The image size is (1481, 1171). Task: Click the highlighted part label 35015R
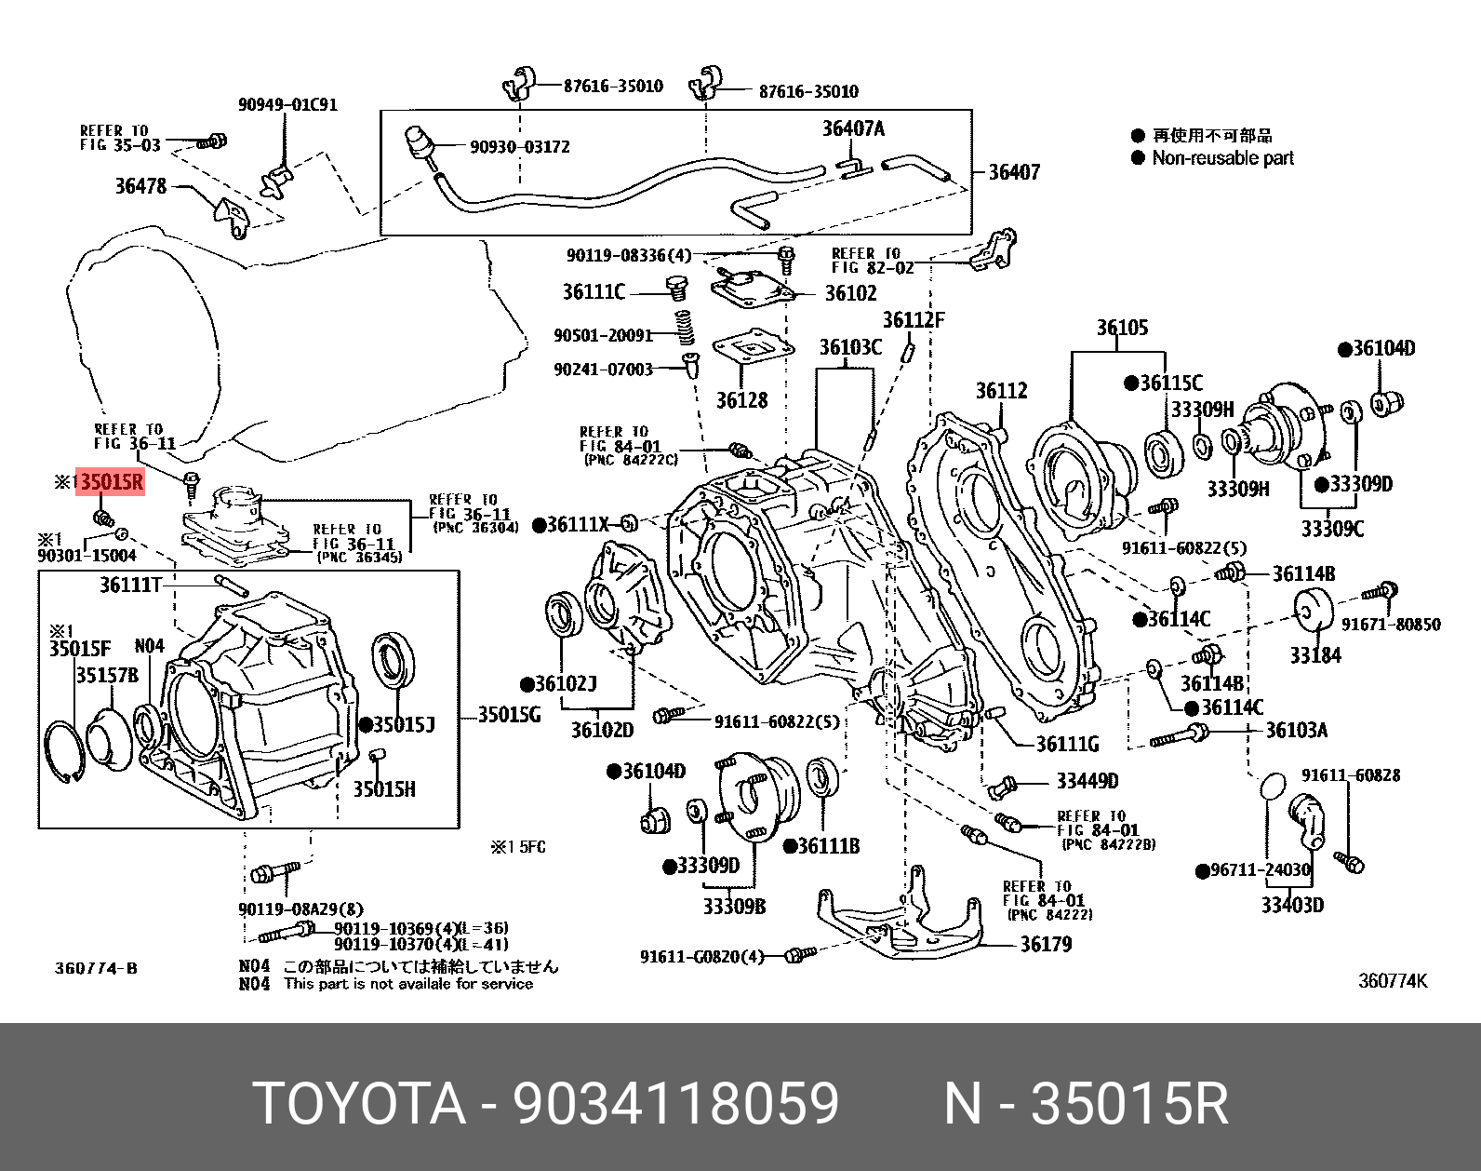click(111, 482)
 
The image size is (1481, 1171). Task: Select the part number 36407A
click(853, 128)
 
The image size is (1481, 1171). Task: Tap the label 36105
click(1122, 328)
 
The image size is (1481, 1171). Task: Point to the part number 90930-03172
click(520, 147)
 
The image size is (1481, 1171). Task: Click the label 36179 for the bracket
click(1046, 945)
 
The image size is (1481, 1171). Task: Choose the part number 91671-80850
click(1391, 625)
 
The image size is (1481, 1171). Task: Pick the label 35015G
click(509, 715)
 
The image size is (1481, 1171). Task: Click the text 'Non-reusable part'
click(1222, 158)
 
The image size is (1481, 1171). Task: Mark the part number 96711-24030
click(1261, 870)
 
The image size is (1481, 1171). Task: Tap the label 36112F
click(913, 320)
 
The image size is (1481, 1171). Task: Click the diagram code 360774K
click(1392, 980)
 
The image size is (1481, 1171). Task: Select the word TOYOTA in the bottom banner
click(359, 1104)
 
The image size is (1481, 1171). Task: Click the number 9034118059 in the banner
click(676, 1104)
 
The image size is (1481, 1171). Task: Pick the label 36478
click(140, 186)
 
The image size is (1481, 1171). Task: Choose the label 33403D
click(1292, 905)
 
